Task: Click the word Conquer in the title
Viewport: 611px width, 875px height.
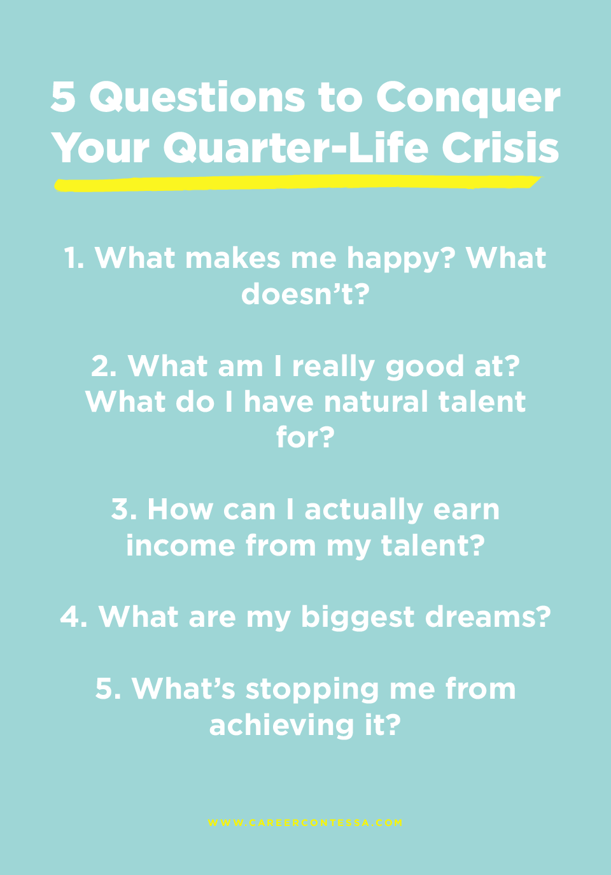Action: pyautogui.click(x=468, y=99)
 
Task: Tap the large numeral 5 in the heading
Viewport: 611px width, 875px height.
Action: pyautogui.click(x=63, y=97)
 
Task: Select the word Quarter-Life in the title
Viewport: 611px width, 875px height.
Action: pyautogui.click(x=296, y=148)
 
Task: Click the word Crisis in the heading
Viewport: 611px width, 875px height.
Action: pyautogui.click(x=500, y=148)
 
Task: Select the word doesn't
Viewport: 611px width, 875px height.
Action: pyautogui.click(x=305, y=294)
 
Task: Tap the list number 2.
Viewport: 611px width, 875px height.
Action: pyautogui.click(x=104, y=367)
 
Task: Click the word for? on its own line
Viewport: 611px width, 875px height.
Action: pyautogui.click(x=305, y=438)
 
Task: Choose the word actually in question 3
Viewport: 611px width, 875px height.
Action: pyautogui.click(x=363, y=510)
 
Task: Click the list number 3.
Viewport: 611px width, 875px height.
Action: pyautogui.click(x=123, y=510)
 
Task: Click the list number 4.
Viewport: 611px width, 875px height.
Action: pyautogui.click(x=73, y=617)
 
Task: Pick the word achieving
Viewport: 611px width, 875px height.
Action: pyautogui.click(x=281, y=725)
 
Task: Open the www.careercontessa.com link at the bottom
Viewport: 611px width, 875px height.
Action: pyautogui.click(x=305, y=823)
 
